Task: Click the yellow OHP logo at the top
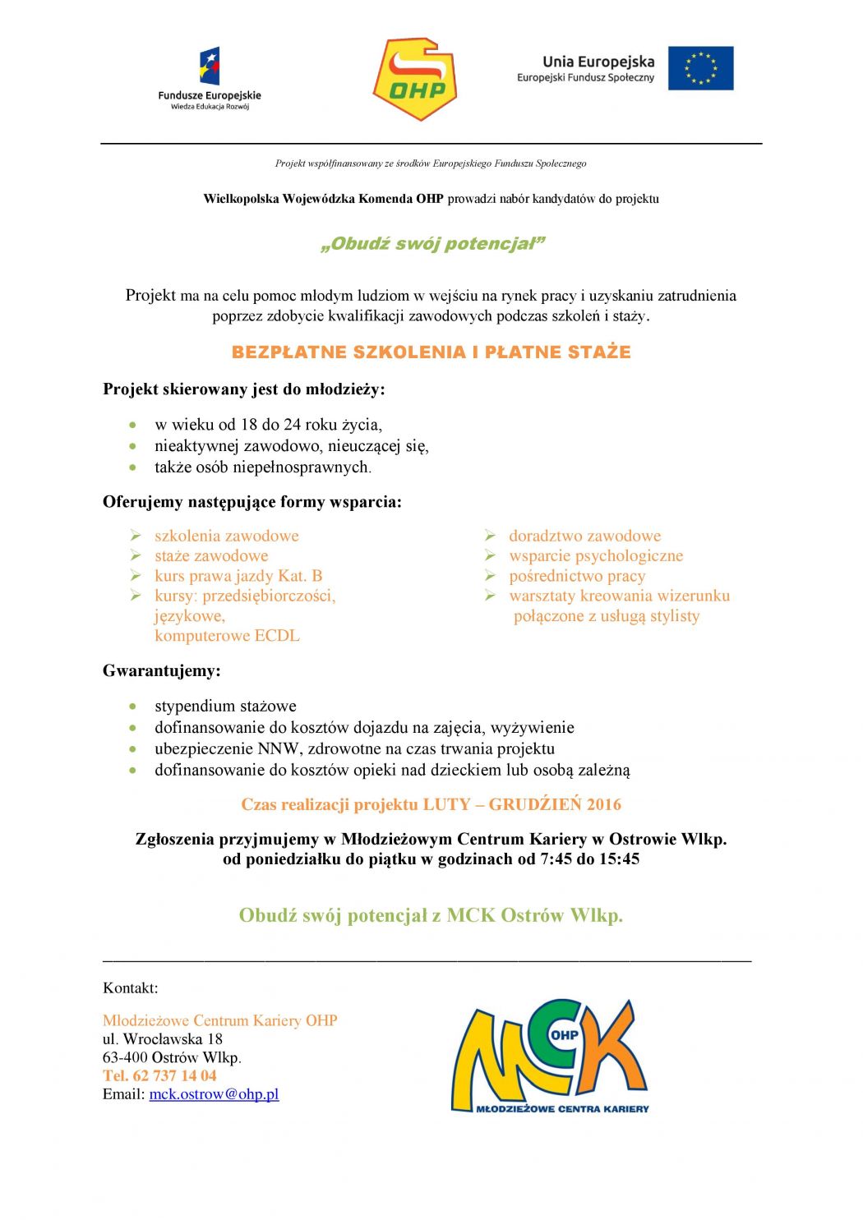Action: (x=415, y=79)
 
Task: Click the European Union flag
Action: (x=700, y=67)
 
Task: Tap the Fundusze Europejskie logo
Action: (x=210, y=79)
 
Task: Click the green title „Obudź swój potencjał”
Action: (x=432, y=244)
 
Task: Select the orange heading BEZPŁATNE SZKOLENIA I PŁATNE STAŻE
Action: (x=431, y=352)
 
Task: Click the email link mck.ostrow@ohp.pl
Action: (x=214, y=1094)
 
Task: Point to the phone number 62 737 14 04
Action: (x=174, y=1075)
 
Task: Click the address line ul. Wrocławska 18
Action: (x=163, y=1039)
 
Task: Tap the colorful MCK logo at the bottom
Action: (x=549, y=1057)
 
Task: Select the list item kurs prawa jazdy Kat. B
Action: (x=238, y=576)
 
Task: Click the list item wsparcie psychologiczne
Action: (x=596, y=556)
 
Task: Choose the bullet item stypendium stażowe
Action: (x=225, y=706)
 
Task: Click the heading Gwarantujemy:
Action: (x=162, y=671)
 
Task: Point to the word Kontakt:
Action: (x=131, y=988)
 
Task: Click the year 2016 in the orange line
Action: (x=604, y=804)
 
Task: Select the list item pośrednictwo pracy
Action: (x=577, y=576)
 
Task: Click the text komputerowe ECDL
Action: (x=227, y=636)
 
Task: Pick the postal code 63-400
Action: (x=125, y=1057)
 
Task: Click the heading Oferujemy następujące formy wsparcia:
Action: (x=252, y=502)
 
